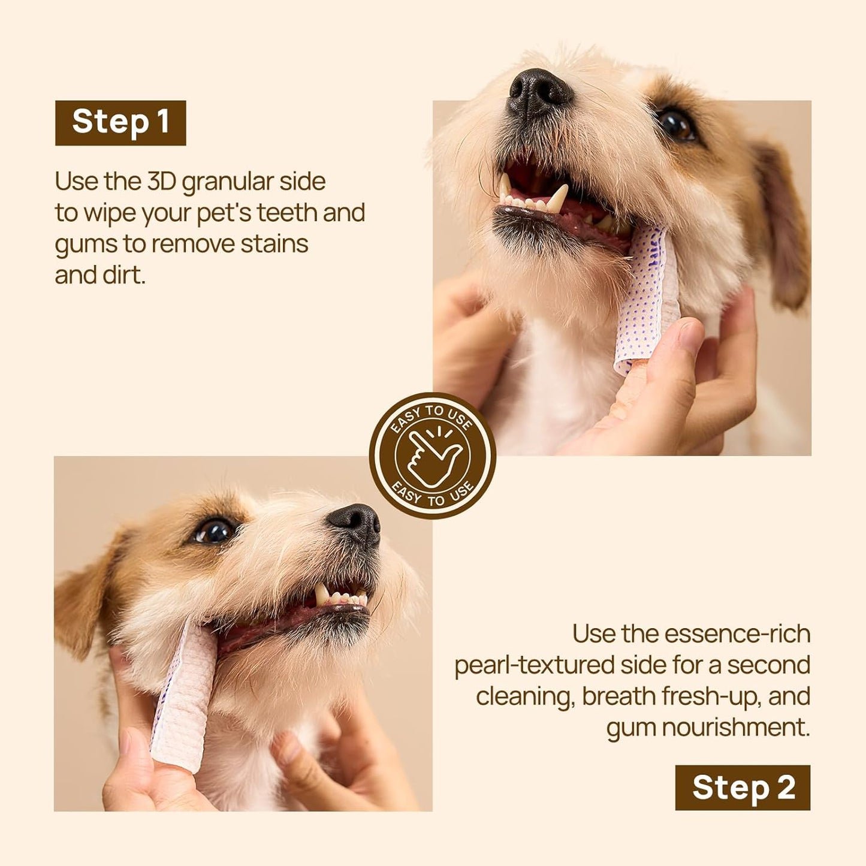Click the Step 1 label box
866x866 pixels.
click(x=120, y=123)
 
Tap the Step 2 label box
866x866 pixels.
click(x=743, y=787)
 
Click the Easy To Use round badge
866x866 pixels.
click(x=432, y=455)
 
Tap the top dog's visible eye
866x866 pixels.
click(x=676, y=125)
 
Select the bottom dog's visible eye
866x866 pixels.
click(x=215, y=531)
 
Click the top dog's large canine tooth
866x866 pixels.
click(x=558, y=197)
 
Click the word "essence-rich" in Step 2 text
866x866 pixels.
click(x=737, y=633)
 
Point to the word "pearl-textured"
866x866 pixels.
click(x=533, y=665)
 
